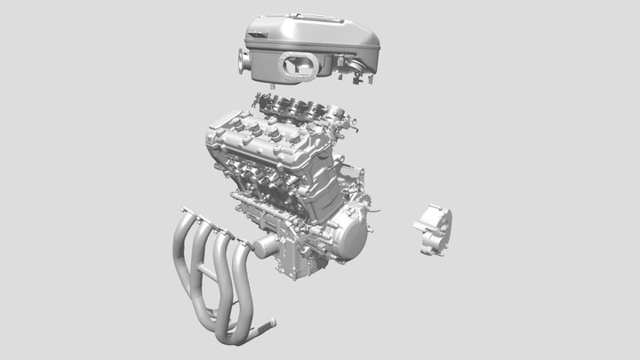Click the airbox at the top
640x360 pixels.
coord(311,40)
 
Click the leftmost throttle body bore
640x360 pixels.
coord(273,102)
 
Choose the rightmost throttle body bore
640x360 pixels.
coord(335,111)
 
